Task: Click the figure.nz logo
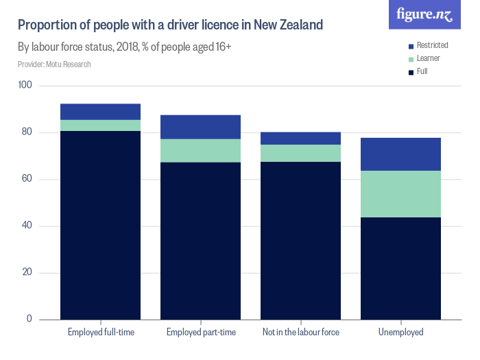point(425,14)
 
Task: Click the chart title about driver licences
point(170,26)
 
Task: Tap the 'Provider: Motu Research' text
point(54,64)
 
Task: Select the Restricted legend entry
point(428,45)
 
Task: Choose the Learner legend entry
point(424,58)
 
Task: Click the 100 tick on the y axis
point(25,86)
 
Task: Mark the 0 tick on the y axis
point(29,319)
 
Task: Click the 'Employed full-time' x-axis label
point(101,333)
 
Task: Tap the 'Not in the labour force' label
point(301,333)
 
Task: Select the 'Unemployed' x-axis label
point(400,333)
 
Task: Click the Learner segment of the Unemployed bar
point(400,194)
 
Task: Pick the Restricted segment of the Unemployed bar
point(400,154)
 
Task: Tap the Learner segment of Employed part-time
point(201,151)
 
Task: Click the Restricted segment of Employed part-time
point(201,127)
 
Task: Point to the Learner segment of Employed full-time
point(101,125)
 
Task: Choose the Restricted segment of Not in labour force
point(301,139)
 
